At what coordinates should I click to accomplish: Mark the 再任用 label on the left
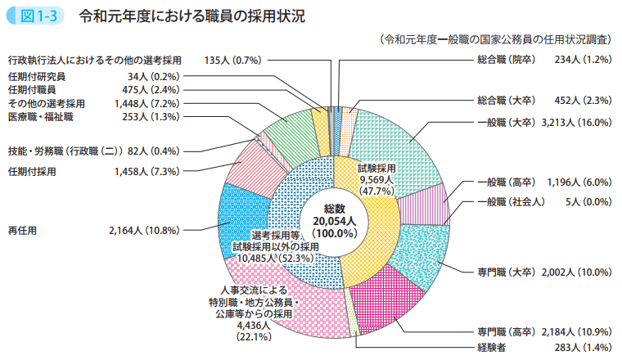[22, 231]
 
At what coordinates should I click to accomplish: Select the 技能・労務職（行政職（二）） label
[65, 151]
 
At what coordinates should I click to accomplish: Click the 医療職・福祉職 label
[41, 117]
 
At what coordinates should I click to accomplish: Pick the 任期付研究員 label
[37, 77]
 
